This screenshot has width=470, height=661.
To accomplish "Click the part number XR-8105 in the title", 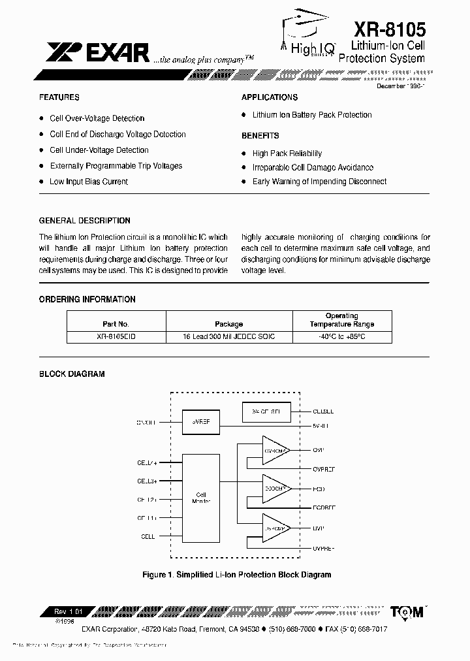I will pyautogui.click(x=389, y=29).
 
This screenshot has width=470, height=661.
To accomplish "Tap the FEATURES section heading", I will pyautogui.click(x=59, y=97).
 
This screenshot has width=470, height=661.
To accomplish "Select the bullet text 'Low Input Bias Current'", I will pyautogui.click(x=89, y=182).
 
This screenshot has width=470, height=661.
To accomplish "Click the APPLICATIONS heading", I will pyautogui.click(x=270, y=97).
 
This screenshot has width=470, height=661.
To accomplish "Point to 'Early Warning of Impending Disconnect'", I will pyautogui.click(x=319, y=182).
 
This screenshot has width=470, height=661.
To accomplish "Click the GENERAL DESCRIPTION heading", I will pyautogui.click(x=85, y=221).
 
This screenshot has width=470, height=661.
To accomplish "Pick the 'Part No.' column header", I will pyautogui.click(x=116, y=324).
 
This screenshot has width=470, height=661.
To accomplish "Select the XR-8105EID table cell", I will pyautogui.click(x=116, y=336).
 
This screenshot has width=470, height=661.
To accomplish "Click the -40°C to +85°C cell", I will pyautogui.click(x=341, y=336).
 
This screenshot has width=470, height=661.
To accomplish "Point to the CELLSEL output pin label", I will pyautogui.click(x=324, y=412).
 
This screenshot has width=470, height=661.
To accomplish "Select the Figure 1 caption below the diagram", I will pyautogui.click(x=237, y=575).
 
